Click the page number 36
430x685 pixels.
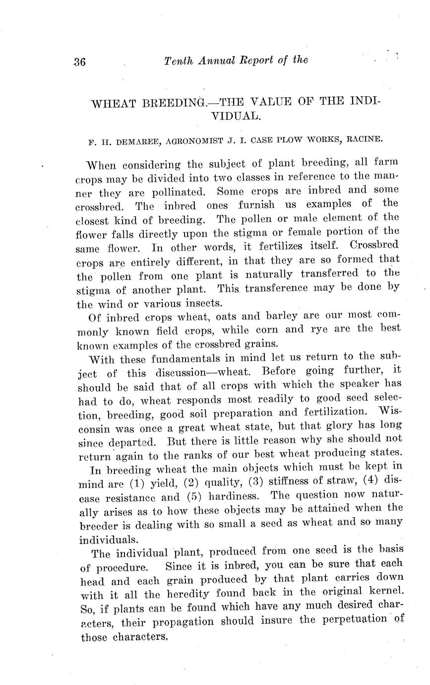click(79, 62)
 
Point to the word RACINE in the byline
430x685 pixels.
click(364, 139)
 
